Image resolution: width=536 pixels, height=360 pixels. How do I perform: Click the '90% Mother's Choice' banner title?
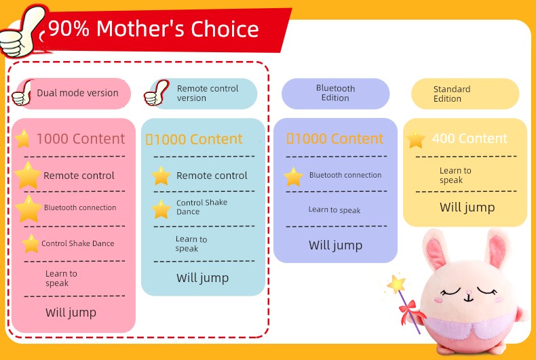click(153, 28)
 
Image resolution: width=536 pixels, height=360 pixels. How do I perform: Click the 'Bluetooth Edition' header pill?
click(335, 94)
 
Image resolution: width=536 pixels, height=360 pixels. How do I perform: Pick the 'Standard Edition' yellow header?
click(465, 94)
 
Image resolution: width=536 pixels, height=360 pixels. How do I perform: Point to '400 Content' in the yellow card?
click(470, 138)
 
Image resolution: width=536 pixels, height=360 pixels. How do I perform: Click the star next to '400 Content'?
click(416, 139)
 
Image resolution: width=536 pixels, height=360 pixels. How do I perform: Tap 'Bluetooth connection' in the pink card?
click(80, 207)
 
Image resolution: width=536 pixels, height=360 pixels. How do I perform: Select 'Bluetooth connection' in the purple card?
click(345, 175)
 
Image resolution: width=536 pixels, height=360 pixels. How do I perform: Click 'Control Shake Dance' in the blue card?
click(202, 207)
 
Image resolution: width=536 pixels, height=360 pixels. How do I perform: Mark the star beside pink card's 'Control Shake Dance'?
click(31, 243)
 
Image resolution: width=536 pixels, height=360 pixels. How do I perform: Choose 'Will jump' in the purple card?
click(335, 245)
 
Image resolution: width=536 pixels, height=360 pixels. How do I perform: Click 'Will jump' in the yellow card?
click(467, 207)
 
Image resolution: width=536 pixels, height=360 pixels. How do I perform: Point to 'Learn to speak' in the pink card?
click(61, 279)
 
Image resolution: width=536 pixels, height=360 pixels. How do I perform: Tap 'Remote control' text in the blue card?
click(212, 176)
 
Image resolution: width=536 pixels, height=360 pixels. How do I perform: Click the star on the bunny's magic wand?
click(396, 283)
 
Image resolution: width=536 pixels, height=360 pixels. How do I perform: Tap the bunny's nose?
click(468, 293)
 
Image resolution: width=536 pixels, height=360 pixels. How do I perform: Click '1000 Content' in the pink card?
click(81, 139)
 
